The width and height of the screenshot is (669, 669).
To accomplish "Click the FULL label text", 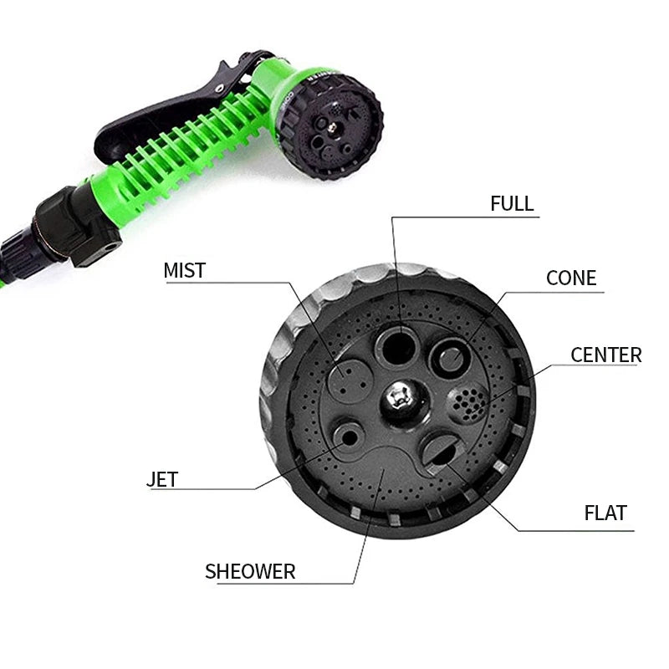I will tap(512, 203).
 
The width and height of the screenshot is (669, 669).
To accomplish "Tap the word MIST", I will tap(184, 270).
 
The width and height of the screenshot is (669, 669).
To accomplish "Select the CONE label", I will tap(571, 278).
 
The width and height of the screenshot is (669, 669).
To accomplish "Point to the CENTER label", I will tap(605, 355).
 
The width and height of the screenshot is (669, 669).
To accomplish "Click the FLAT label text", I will tap(605, 513).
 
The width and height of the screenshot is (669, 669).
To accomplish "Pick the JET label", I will tap(162, 480).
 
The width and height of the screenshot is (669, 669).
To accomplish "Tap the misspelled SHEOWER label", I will tap(250, 572).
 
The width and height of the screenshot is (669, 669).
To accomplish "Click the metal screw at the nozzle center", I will tap(398, 400).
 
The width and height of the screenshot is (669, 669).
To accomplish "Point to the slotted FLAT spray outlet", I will tap(441, 452).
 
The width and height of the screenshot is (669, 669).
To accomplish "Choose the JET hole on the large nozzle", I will tap(348, 436).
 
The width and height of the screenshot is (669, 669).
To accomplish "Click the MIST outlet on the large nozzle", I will tap(349, 380).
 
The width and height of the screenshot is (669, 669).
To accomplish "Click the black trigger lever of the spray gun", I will tap(159, 117).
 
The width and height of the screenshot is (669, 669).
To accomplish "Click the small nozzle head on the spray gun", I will tap(330, 125).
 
